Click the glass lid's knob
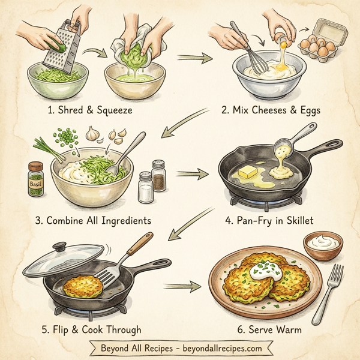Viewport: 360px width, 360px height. point(59,247)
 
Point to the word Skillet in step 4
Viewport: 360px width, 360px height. point(301,220)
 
